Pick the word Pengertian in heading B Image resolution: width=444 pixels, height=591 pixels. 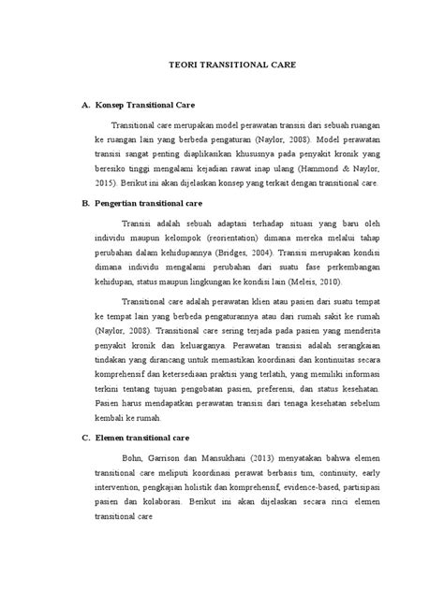coord(119,202)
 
